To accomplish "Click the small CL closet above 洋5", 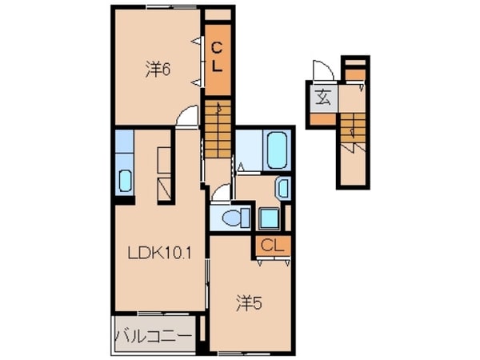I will pyautogui.click(x=270, y=246).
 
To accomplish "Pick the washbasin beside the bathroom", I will pyautogui.click(x=282, y=189).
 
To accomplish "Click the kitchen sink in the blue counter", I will pyautogui.click(x=124, y=182).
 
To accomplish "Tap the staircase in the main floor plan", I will pyautogui.click(x=216, y=132).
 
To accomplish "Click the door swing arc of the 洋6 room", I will pyautogui.click(x=186, y=118).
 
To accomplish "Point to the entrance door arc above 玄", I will pyautogui.click(x=320, y=70).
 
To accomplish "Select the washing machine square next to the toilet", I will pyautogui.click(x=267, y=218).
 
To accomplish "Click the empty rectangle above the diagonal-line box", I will pyautogui.click(x=163, y=159).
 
